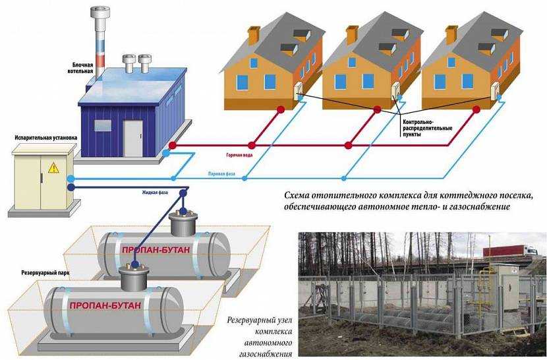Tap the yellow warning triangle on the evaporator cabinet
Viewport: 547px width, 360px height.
point(53,168)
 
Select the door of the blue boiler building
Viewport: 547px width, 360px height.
point(132,135)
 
